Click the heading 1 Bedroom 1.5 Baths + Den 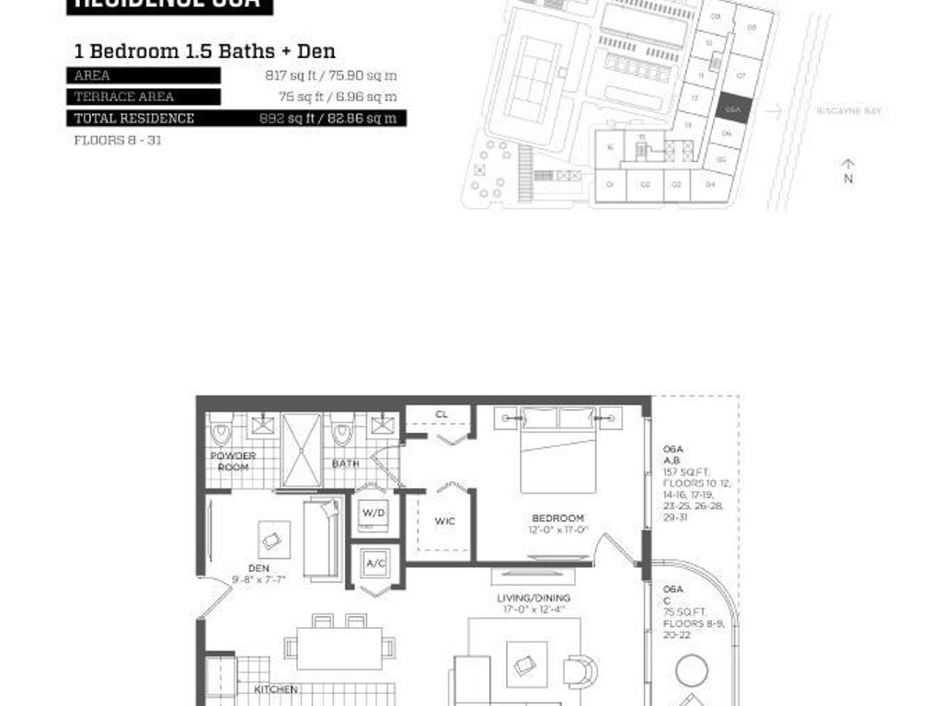click(x=204, y=51)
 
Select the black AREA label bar click(x=144, y=75)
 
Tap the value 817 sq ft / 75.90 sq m click(x=331, y=75)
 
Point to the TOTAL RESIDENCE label click(x=134, y=118)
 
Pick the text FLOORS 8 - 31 click(x=118, y=141)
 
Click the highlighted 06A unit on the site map click(x=733, y=108)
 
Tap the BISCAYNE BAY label click(x=849, y=111)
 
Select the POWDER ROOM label click(x=234, y=461)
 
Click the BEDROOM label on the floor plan click(x=557, y=518)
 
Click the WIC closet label click(x=444, y=521)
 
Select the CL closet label click(x=442, y=415)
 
